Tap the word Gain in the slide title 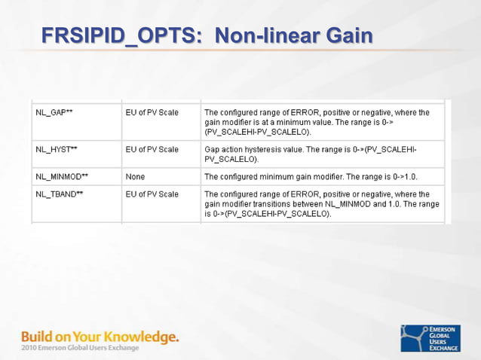pos(348,35)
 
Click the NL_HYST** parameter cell pos(57,149)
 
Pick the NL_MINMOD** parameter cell pos(62,176)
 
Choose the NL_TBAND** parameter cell pos(60,194)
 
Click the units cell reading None pos(136,176)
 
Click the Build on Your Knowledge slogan pos(100,336)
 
